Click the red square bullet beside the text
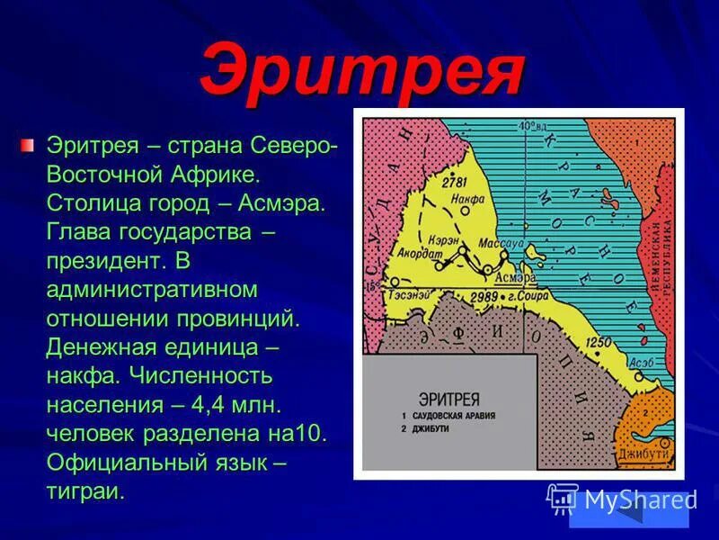pos(30,144)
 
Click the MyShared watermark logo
pos(620,500)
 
